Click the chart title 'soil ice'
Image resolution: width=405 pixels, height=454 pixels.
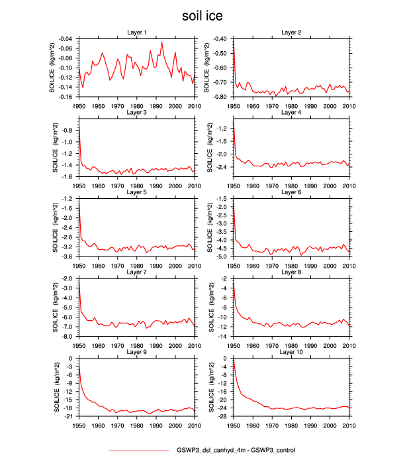(x=202, y=14)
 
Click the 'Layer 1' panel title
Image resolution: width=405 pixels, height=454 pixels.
(x=136, y=32)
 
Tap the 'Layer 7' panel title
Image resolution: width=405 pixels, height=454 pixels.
(x=136, y=272)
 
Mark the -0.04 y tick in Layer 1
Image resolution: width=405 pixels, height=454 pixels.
(x=65, y=39)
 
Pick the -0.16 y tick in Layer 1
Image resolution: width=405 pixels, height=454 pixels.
(x=65, y=97)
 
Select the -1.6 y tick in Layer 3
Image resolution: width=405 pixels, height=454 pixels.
(x=67, y=177)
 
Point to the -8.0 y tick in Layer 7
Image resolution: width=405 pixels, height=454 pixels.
(x=67, y=337)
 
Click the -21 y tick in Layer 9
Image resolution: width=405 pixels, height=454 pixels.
(x=69, y=416)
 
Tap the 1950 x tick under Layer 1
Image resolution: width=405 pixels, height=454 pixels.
(x=79, y=104)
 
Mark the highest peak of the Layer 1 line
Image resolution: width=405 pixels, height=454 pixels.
(x=162, y=42)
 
